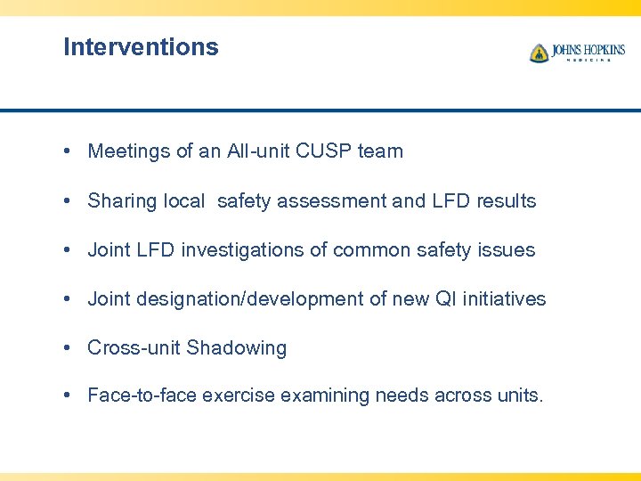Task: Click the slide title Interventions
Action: (141, 47)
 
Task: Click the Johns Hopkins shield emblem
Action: (539, 53)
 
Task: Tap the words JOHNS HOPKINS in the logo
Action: (588, 50)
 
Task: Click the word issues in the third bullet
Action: (508, 250)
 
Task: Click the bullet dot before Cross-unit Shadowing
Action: (68, 348)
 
